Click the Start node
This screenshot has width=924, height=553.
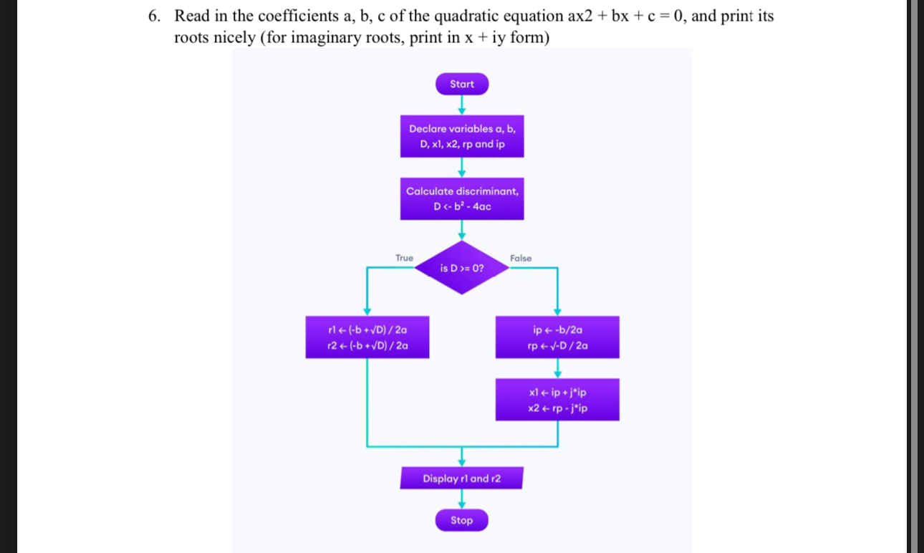tap(462, 84)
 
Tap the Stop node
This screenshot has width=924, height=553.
tap(462, 520)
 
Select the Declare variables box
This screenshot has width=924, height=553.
tap(462, 136)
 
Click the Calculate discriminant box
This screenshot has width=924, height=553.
tap(462, 198)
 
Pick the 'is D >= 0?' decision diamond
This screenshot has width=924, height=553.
tap(462, 269)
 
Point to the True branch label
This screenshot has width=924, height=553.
tap(404, 258)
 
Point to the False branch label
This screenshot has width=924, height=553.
tap(521, 258)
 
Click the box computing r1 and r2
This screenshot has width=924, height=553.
tap(367, 337)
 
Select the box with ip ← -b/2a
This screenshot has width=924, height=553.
tap(557, 337)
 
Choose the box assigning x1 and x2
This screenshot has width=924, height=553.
tap(557, 400)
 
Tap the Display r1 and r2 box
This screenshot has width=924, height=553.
tap(462, 479)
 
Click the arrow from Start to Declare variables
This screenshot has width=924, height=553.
tap(462, 105)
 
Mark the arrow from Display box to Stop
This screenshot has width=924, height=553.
tap(462, 499)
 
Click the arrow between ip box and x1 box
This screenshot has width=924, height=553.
tap(557, 369)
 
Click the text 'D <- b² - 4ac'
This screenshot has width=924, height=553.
tap(462, 207)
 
